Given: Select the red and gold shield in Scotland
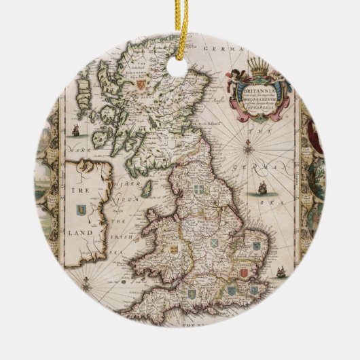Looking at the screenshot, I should tap(141, 86).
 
